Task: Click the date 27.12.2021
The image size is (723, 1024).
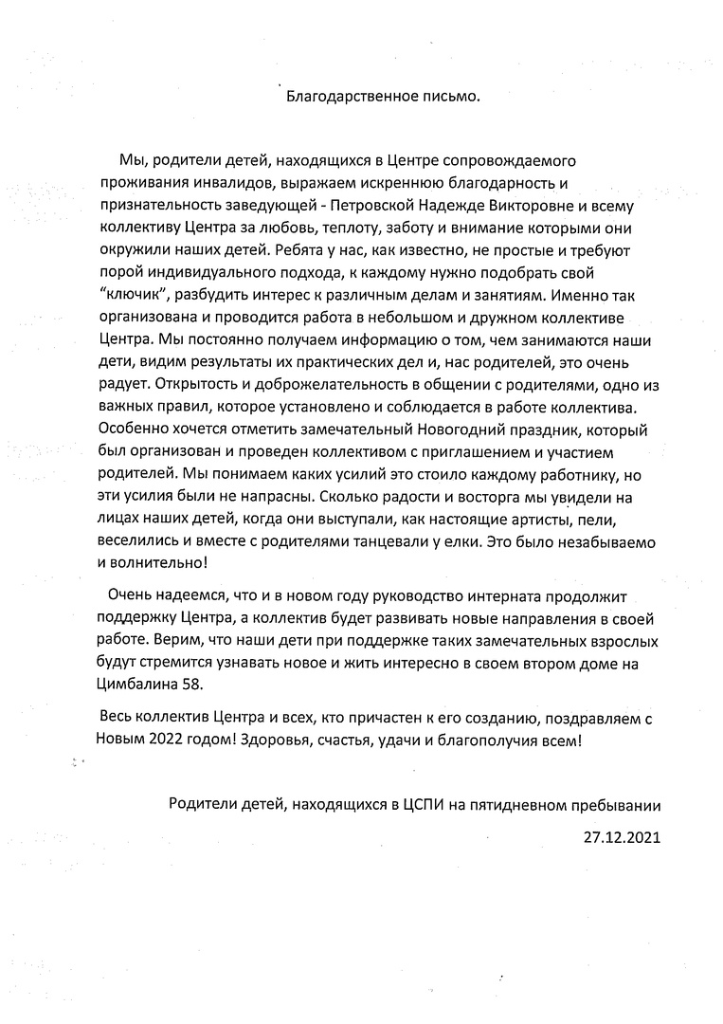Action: (623, 838)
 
